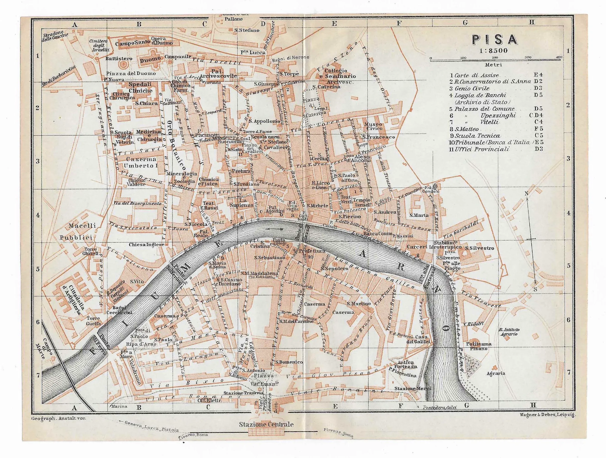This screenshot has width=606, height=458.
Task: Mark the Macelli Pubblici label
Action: pos(78,232)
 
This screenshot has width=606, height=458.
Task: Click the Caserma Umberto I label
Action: pos(141,162)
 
